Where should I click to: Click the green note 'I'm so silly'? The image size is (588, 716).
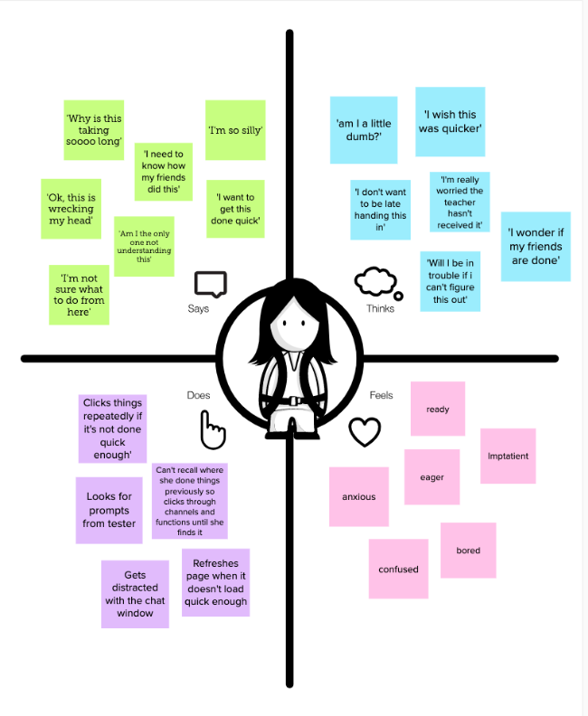tap(235, 130)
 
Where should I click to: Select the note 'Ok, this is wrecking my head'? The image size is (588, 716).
tap(71, 209)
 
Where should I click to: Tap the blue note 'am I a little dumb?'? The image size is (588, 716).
tap(364, 129)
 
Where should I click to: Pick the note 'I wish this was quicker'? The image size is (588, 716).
tap(450, 121)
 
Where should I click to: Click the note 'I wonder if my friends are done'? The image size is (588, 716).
tap(536, 246)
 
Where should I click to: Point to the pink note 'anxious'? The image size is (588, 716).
tap(358, 496)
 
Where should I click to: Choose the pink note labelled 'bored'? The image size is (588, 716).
tap(468, 551)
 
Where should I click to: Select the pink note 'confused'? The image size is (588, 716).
tap(398, 569)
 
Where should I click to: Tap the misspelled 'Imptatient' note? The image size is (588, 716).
tap(507, 456)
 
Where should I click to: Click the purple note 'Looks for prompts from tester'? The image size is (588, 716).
tap(109, 510)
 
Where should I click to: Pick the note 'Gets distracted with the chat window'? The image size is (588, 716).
tap(135, 594)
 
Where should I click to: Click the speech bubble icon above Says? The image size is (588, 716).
tap(211, 285)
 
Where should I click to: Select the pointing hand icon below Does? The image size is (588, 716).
tap(213, 429)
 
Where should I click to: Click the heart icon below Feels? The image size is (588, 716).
tap(365, 431)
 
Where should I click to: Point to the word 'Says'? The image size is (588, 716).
tap(198, 308)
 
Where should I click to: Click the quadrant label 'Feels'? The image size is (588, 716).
tap(381, 395)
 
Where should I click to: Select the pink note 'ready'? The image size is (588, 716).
tap(438, 409)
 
